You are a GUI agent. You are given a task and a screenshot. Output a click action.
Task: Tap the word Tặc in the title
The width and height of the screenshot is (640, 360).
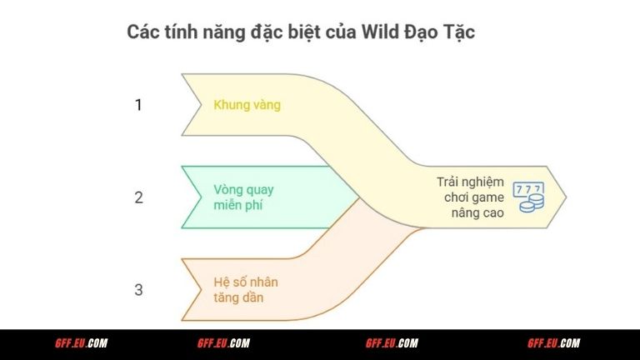pyautogui.click(x=459, y=32)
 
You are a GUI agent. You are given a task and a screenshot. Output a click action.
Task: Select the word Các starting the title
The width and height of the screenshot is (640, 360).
pyautogui.click(x=142, y=32)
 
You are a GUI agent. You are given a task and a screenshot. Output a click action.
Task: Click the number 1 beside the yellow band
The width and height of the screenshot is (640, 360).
pyautogui.click(x=139, y=105)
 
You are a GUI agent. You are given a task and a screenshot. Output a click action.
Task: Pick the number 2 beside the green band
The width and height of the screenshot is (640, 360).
pyautogui.click(x=139, y=197)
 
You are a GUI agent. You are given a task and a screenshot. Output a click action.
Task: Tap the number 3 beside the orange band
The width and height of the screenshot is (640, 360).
pyautogui.click(x=139, y=290)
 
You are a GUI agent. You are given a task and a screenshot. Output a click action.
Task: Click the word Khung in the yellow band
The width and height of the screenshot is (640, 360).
pyautogui.click(x=230, y=106)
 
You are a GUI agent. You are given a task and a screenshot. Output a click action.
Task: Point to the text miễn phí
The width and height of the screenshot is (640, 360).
pyautogui.click(x=237, y=205)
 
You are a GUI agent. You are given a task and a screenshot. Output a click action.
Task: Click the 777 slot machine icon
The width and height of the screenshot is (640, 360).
pyautogui.click(x=526, y=197)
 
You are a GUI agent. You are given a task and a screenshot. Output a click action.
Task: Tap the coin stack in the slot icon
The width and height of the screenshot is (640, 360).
pyautogui.click(x=537, y=203)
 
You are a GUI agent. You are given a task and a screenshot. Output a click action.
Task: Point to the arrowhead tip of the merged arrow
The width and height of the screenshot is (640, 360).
pyautogui.click(x=566, y=197)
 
